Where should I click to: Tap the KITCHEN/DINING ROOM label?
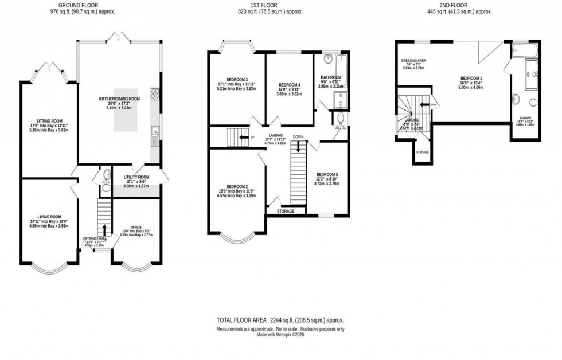(119, 99)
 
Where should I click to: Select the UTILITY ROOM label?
(136, 177)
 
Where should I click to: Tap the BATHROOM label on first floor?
(331, 77)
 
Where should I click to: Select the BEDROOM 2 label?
(237, 187)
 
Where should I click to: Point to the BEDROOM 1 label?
(471, 78)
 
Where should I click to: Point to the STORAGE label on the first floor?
(286, 211)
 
